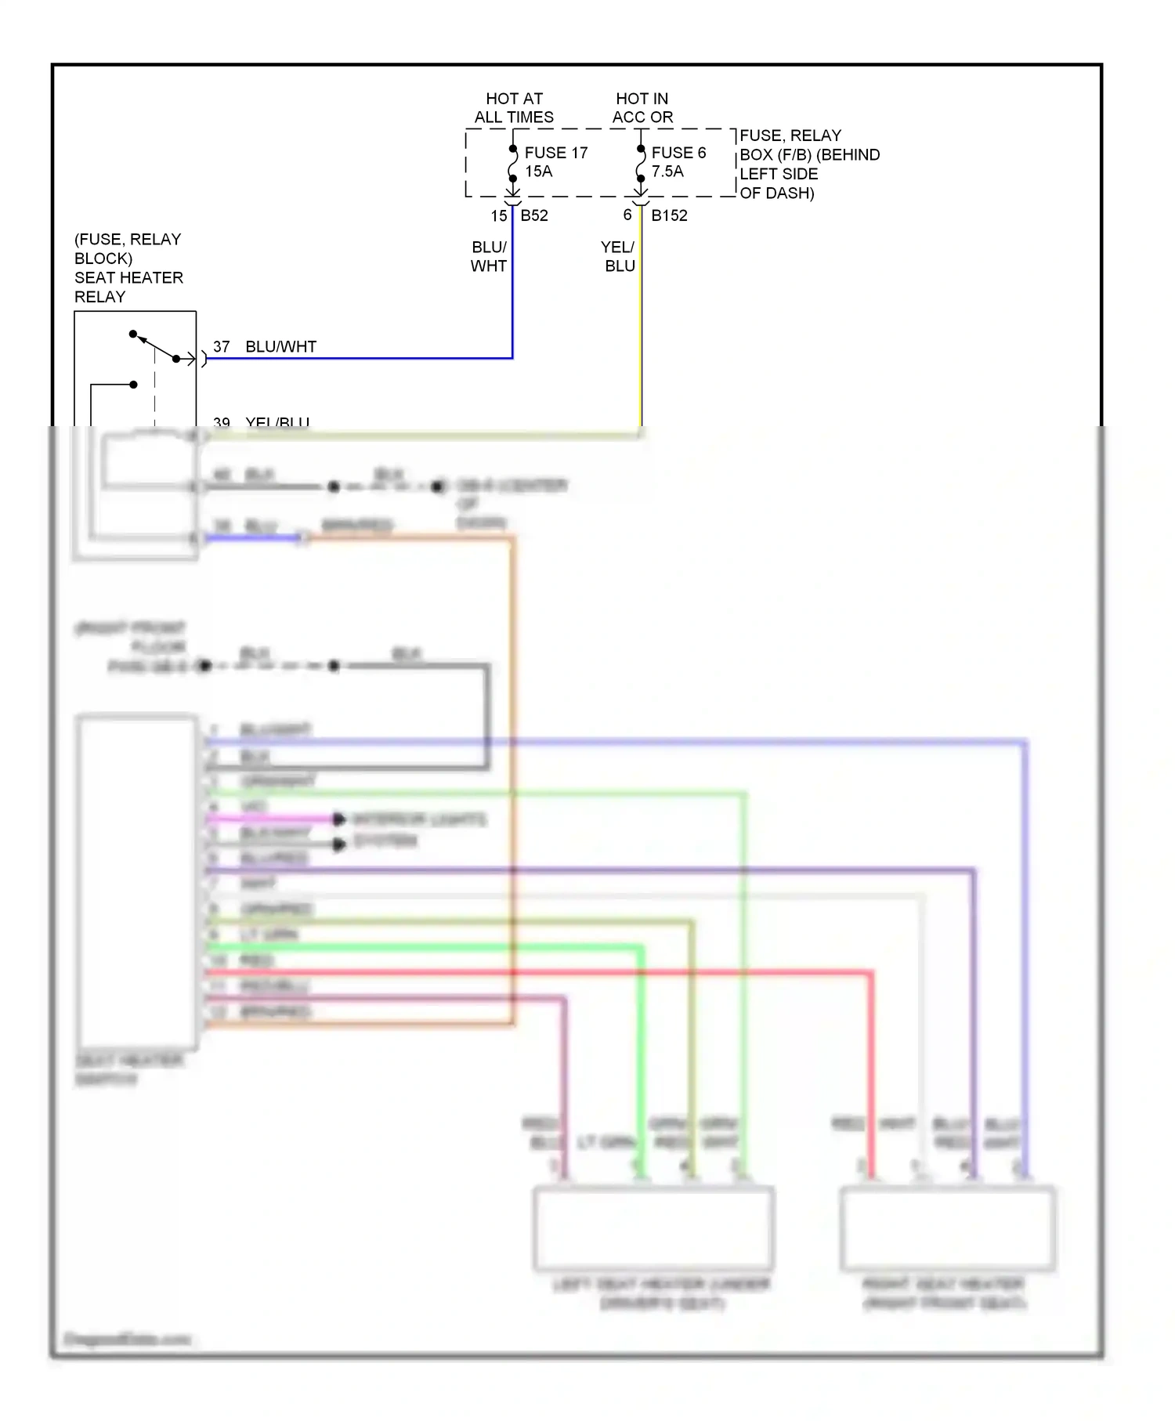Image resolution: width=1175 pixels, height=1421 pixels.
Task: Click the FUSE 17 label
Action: coord(555,153)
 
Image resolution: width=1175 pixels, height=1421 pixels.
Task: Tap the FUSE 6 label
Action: coord(678,153)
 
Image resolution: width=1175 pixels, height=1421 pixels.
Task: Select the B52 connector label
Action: coord(534,215)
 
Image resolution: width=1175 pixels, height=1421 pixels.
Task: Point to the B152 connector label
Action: coord(669,215)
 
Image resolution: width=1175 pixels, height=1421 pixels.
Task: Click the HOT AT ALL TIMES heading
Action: coord(514,108)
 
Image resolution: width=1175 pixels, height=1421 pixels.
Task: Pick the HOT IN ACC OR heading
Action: coord(642,108)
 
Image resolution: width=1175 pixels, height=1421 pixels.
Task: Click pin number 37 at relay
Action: coord(222,346)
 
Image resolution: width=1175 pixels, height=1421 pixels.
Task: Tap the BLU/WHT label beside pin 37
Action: coord(280,346)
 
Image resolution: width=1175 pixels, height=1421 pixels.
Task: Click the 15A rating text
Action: coord(538,172)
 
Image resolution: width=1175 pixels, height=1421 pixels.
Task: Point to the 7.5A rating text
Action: coord(667,172)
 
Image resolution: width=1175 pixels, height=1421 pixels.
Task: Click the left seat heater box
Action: coord(653,1228)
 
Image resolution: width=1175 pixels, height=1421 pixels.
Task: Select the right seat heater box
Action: coord(947,1228)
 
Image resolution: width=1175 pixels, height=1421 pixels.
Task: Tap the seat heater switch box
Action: coord(137,881)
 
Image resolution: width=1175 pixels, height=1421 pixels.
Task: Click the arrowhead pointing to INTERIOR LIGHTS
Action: coord(339,819)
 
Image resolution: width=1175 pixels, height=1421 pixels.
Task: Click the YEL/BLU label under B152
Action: coord(619,256)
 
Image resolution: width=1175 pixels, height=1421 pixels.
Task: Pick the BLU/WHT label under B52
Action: coord(489,256)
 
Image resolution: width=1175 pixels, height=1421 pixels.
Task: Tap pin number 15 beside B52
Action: coord(499,215)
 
